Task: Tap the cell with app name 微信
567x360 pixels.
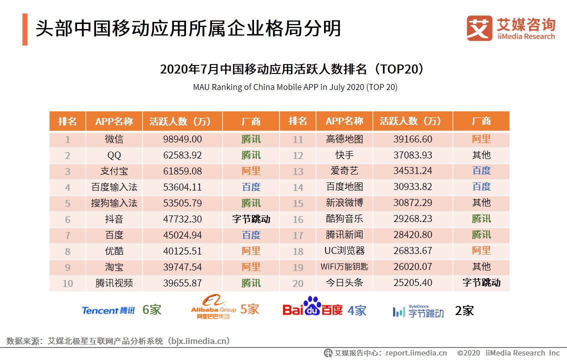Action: tap(114, 139)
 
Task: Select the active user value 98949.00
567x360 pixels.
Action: tap(182, 139)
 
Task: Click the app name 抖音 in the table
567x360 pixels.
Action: tap(114, 219)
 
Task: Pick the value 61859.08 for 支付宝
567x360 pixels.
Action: tap(182, 171)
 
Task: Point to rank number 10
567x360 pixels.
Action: tap(67, 283)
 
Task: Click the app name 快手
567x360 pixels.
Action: tap(344, 155)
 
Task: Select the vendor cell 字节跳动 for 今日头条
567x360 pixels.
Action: tap(481, 283)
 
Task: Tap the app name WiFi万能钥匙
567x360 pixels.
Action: tap(344, 267)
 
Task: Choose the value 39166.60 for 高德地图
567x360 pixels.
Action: tap(412, 139)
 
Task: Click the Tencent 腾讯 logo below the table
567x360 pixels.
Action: tap(108, 310)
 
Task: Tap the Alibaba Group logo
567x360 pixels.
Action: tap(213, 307)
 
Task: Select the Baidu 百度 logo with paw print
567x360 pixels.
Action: tap(312, 307)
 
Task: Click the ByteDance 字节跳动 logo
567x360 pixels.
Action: tap(418, 311)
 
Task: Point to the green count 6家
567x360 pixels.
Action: tap(152, 310)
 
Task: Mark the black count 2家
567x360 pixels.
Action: tap(464, 310)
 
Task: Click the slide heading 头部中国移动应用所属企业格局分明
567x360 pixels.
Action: tap(188, 28)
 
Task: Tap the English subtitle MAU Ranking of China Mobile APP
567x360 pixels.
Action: tap(295, 87)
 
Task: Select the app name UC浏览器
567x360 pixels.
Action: tap(344, 251)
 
